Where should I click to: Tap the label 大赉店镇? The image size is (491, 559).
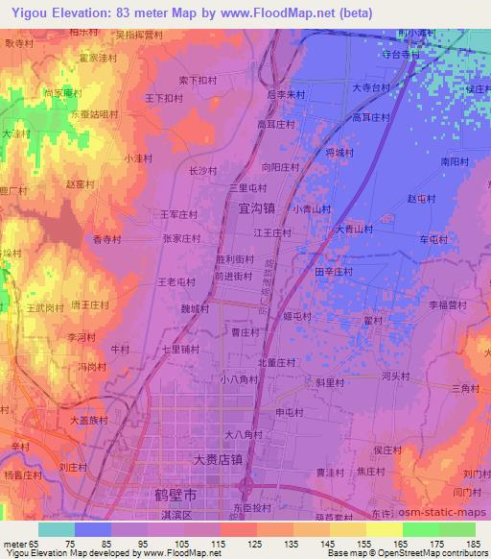(x=217, y=460)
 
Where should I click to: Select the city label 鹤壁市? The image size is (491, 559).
(x=177, y=496)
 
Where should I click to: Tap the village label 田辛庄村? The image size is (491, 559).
(x=334, y=272)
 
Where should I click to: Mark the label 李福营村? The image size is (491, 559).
(x=447, y=304)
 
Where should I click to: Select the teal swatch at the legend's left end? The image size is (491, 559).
(x=55, y=529)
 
